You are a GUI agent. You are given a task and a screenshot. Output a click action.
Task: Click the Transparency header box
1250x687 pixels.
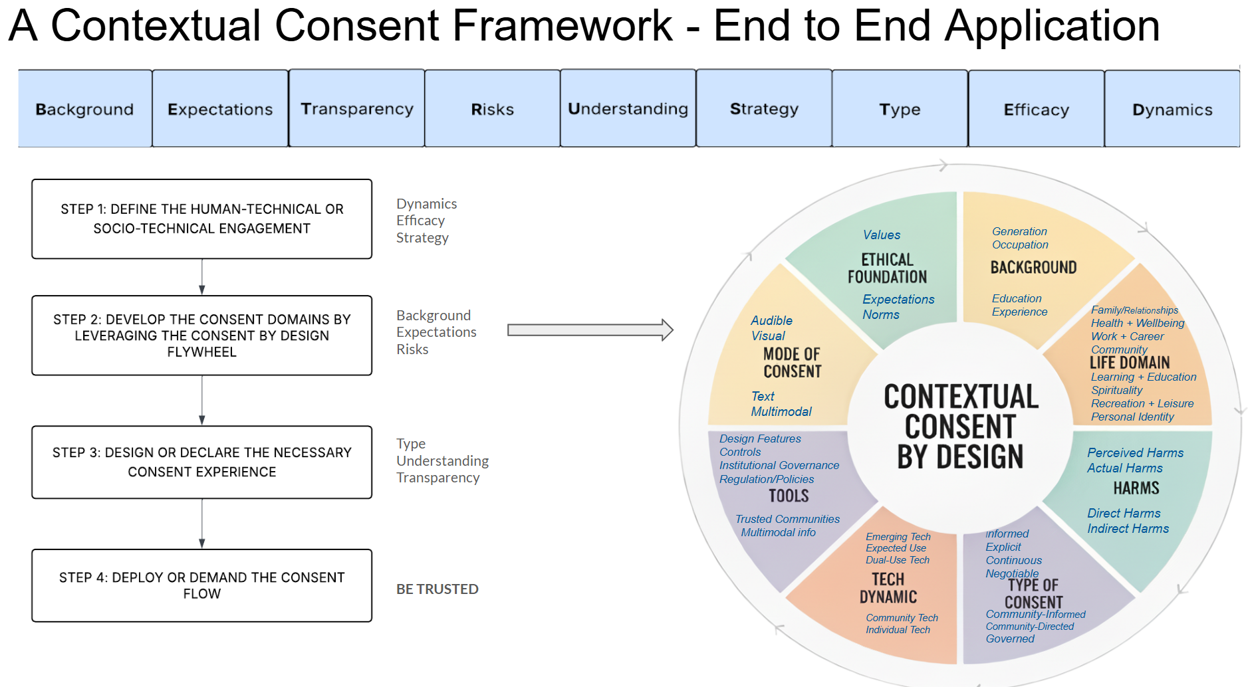(x=356, y=108)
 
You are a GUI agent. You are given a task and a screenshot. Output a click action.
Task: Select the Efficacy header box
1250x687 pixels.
(x=1036, y=109)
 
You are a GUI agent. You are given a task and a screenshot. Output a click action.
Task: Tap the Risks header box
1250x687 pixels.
(x=492, y=109)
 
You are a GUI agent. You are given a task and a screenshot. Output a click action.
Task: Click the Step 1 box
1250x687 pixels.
(x=201, y=219)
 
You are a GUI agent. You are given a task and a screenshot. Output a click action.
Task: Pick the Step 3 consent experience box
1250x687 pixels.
(x=201, y=462)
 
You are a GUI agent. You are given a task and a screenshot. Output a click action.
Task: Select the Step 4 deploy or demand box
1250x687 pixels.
(x=201, y=585)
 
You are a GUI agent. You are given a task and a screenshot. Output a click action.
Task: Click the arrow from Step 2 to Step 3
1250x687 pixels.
(x=202, y=400)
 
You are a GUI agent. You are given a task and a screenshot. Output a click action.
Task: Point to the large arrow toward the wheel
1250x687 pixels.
(x=590, y=330)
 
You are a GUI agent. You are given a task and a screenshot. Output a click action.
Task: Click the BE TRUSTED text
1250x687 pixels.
(x=437, y=589)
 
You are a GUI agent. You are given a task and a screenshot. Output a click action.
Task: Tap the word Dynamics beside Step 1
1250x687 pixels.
(x=426, y=203)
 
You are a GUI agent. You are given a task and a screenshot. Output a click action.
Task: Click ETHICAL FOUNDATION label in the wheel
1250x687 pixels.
(x=887, y=268)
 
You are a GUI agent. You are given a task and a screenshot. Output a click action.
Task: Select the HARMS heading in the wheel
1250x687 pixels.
(x=1136, y=488)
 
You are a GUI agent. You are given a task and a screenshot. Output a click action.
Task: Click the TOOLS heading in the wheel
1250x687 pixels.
(x=789, y=496)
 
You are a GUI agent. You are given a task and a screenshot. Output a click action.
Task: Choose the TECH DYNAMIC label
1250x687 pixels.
(x=888, y=588)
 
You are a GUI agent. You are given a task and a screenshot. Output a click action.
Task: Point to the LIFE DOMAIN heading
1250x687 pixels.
(x=1129, y=363)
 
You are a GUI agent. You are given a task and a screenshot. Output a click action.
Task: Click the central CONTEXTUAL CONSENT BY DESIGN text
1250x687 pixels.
(x=960, y=427)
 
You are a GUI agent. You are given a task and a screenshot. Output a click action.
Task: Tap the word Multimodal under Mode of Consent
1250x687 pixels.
(x=781, y=411)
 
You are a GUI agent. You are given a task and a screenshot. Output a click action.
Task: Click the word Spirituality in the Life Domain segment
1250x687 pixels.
(x=1116, y=390)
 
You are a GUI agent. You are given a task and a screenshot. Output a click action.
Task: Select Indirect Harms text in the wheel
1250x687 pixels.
(x=1128, y=528)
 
